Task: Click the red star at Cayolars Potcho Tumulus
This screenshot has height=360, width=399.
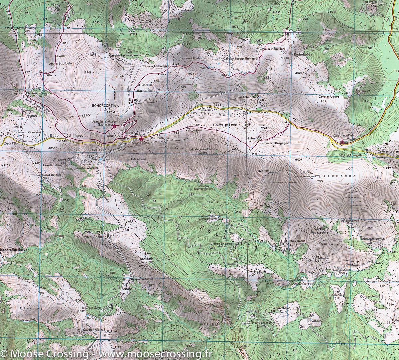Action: click(x=342, y=142)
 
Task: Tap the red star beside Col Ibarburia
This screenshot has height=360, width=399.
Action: click(x=141, y=138)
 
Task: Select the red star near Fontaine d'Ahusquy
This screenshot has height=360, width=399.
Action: click(x=114, y=126)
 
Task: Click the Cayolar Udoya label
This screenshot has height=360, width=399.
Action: click(x=329, y=97)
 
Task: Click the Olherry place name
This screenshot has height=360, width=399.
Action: click(x=316, y=321)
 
